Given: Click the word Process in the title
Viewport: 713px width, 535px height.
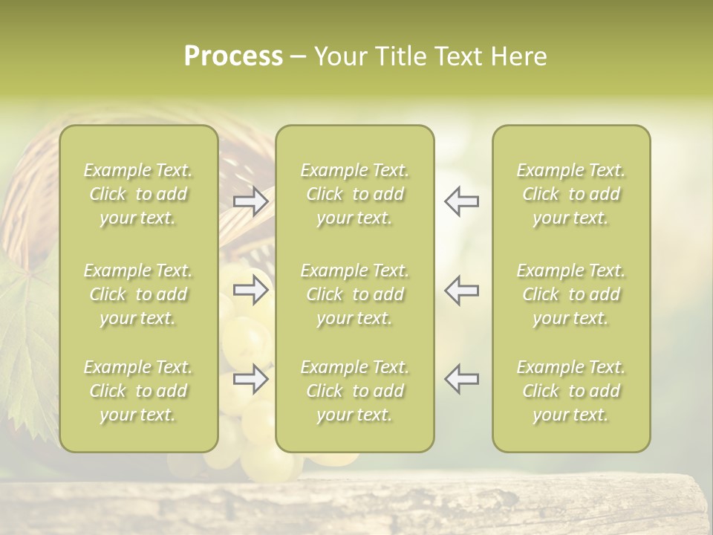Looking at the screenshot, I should [233, 56].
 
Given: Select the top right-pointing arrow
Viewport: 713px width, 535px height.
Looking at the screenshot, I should [251, 201].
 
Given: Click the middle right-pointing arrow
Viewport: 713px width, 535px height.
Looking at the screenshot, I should [251, 290].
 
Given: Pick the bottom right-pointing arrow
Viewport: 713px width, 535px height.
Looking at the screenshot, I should [251, 379].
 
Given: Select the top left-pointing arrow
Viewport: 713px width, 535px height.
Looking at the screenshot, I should [461, 201].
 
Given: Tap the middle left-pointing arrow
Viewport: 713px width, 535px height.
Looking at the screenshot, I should [461, 290].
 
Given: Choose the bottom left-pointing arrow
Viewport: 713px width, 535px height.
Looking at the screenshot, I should [461, 379].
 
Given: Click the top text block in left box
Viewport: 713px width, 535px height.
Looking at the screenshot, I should [138, 194].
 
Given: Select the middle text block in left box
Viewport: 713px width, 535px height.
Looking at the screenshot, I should [138, 294].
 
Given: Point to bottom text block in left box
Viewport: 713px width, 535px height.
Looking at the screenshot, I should [138, 391].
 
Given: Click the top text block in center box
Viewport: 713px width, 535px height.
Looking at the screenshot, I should [354, 194].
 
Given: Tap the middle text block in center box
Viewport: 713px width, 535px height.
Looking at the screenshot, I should [354, 294].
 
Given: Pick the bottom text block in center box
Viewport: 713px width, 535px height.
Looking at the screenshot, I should [354, 391].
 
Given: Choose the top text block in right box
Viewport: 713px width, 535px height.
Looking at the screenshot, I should [571, 194].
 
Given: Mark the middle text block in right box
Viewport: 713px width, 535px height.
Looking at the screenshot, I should [571, 294].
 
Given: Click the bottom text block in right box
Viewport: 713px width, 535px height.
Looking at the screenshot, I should [571, 391].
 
